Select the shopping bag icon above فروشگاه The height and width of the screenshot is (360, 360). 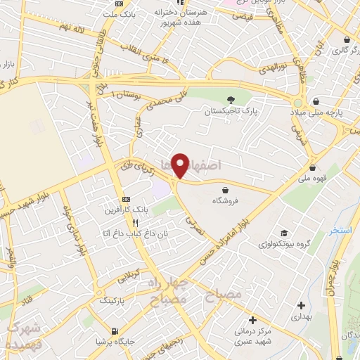(225, 190)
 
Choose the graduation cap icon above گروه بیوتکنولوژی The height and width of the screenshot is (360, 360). (283, 233)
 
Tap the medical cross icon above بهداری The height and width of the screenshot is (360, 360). (301, 305)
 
